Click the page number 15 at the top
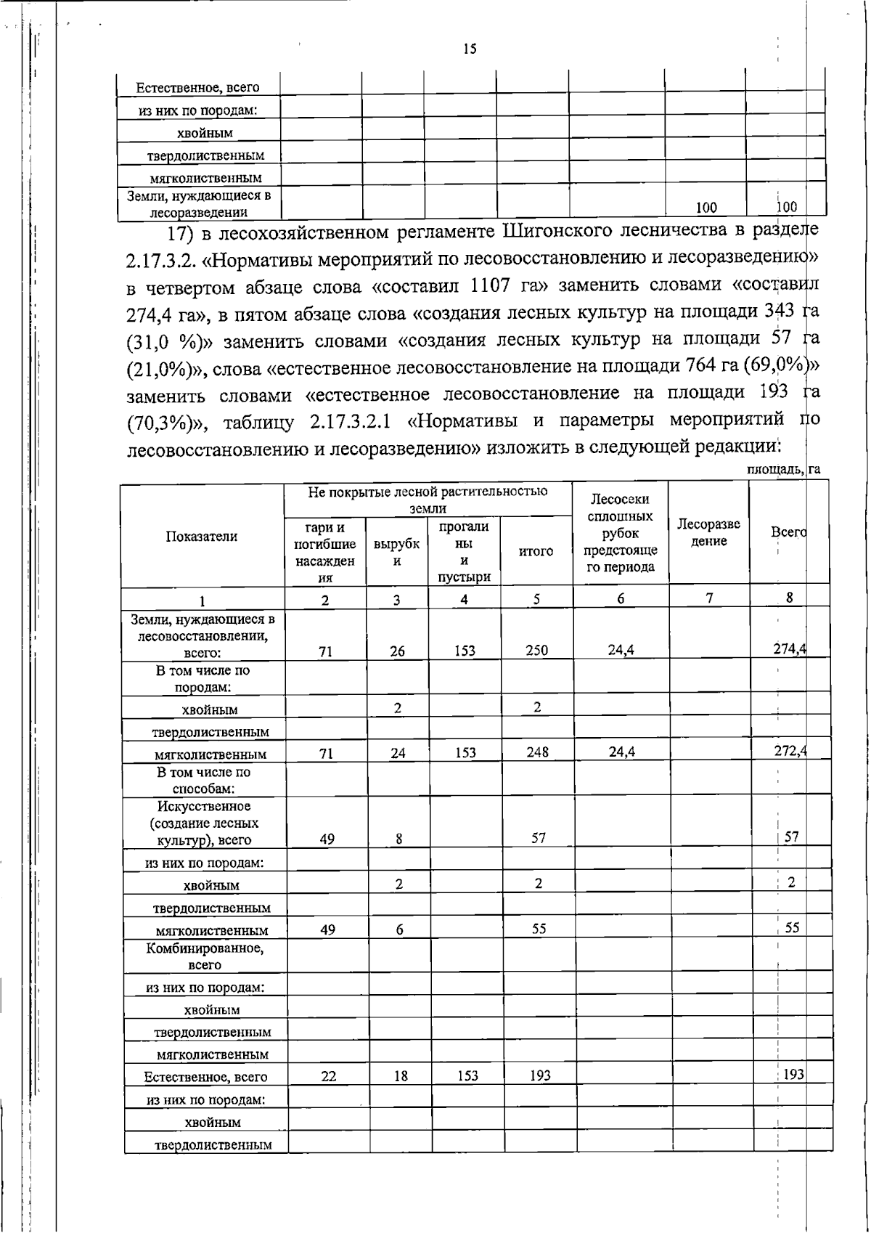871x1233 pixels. pyautogui.click(x=470, y=49)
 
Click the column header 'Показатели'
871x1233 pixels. pyautogui.click(x=202, y=537)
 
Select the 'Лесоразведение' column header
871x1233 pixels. pyautogui.click(x=708, y=533)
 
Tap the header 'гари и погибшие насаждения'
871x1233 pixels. pyautogui.click(x=325, y=552)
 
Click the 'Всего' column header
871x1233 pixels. pyautogui.click(x=788, y=532)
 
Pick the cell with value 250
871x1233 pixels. pyautogui.click(x=537, y=651)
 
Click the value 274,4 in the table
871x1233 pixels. pyautogui.click(x=790, y=648)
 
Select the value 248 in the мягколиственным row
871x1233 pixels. pyautogui.click(x=538, y=752)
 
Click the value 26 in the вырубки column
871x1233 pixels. pyautogui.click(x=397, y=651)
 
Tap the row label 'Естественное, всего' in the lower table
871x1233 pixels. pyautogui.click(x=205, y=1077)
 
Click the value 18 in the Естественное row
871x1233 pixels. pyautogui.click(x=401, y=1076)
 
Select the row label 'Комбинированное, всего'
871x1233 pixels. pyautogui.click(x=205, y=956)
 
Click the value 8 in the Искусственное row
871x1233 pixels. pyautogui.click(x=399, y=839)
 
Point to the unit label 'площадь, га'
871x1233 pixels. pyautogui.click(x=783, y=470)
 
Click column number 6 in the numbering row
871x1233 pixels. pyautogui.click(x=621, y=599)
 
